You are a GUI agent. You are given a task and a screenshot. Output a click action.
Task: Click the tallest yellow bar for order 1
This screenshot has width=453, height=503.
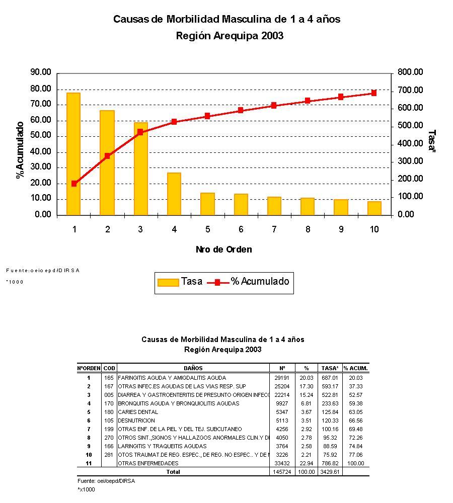pos(73,153)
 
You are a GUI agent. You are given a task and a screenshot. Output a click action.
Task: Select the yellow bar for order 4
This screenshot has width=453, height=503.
pos(174,194)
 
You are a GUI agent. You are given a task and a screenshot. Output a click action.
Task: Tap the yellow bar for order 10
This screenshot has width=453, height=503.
pos(374,208)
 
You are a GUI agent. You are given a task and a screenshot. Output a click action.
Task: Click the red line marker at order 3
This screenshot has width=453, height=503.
pos(140,132)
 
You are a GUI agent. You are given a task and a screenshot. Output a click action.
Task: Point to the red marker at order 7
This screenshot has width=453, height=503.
pos(274,106)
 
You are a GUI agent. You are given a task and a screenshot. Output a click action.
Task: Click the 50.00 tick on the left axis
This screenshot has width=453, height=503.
pos(40,136)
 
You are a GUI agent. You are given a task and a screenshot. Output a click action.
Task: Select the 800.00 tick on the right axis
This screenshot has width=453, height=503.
pos(410,72)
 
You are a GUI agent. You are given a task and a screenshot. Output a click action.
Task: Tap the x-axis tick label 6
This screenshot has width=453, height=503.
pos(241,229)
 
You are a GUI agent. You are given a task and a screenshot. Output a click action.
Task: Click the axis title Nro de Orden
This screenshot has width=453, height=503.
pos(223,249)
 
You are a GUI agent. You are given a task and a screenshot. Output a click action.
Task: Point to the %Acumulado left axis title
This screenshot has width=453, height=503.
pos(20,150)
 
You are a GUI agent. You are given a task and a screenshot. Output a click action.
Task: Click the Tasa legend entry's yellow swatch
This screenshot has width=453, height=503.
pos(168,282)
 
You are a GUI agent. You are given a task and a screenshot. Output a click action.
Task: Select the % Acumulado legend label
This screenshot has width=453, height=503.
pos(260,282)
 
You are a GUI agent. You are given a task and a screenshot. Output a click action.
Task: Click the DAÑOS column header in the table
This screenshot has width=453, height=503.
pos(193,368)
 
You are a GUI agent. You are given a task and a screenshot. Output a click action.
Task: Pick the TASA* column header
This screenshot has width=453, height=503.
pos(330,368)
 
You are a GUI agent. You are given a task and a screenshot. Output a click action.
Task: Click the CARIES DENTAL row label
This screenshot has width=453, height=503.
pos(138,412)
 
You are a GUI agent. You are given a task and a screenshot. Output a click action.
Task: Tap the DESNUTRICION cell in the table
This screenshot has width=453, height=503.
pos(136,421)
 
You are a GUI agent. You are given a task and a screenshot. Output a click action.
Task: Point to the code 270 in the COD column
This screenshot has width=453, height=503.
pos(109,438)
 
